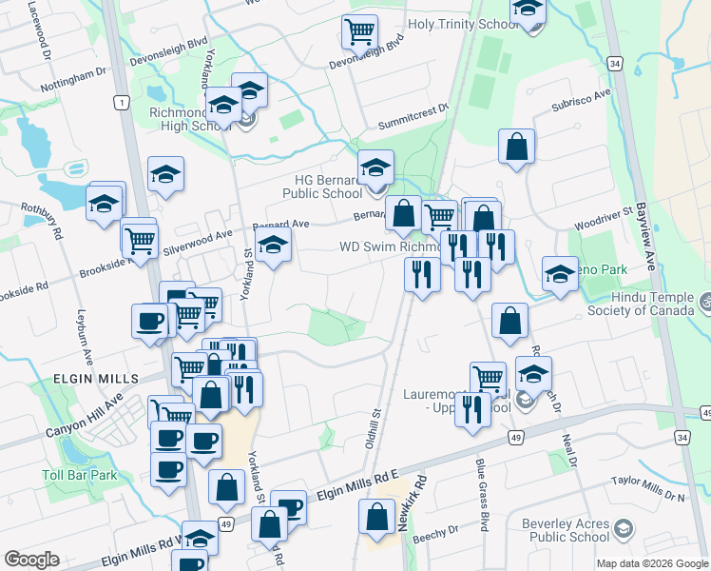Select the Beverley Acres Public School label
tap(566, 530)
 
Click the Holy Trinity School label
tap(464, 25)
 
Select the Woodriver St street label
tap(603, 222)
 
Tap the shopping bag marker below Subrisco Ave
tap(517, 147)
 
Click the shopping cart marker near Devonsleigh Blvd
tap(359, 32)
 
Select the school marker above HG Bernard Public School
tap(375, 168)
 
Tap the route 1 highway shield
tap(120, 103)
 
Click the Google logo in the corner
tap(32, 560)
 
